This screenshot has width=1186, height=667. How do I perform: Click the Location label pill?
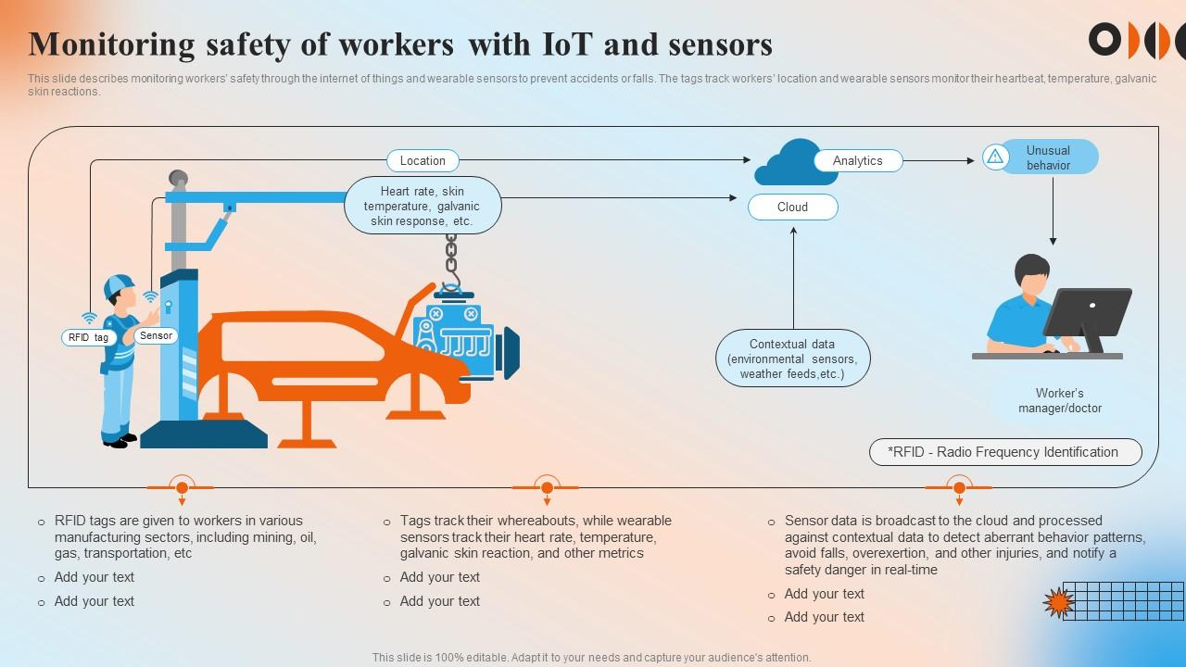(423, 160)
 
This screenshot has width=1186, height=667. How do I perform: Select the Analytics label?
(857, 160)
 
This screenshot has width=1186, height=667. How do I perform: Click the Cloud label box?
(792, 207)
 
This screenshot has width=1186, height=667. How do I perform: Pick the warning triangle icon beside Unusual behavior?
(995, 157)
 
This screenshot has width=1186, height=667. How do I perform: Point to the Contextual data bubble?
(792, 359)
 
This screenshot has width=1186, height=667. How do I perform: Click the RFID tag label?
(88, 337)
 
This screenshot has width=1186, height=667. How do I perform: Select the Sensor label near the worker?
(156, 335)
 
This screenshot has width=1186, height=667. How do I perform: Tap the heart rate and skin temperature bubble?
(423, 206)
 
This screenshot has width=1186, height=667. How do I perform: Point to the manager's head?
(1031, 273)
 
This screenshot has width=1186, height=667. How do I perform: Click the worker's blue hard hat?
(119, 285)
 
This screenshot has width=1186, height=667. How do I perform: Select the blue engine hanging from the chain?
(460, 339)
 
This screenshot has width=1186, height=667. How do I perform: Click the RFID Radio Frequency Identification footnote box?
(1004, 452)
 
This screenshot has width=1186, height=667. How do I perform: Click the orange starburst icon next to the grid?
(1057, 603)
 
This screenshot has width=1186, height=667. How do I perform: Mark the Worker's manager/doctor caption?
(1060, 400)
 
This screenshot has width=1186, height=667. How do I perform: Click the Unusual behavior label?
(1048, 157)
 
